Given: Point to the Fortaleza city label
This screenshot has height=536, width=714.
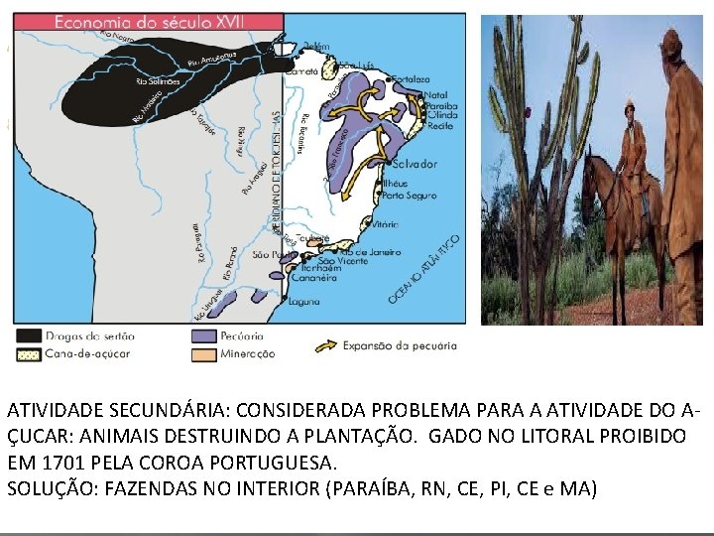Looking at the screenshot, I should tap(412, 79).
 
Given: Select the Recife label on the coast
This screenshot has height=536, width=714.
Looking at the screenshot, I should tap(439, 127).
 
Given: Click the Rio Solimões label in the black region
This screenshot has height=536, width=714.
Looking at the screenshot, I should tap(157, 81).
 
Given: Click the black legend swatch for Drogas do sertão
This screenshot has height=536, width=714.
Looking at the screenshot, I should tap(29, 335).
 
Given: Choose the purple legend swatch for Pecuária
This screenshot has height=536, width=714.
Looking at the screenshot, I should tap(205, 335).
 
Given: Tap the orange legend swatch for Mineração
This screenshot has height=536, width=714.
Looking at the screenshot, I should tap(205, 353).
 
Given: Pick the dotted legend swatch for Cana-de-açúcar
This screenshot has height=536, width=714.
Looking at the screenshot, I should tap(29, 353).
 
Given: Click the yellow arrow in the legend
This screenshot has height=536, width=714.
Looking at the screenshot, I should tap(324, 346).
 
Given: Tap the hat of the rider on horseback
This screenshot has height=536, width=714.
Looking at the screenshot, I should tap(630, 102).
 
